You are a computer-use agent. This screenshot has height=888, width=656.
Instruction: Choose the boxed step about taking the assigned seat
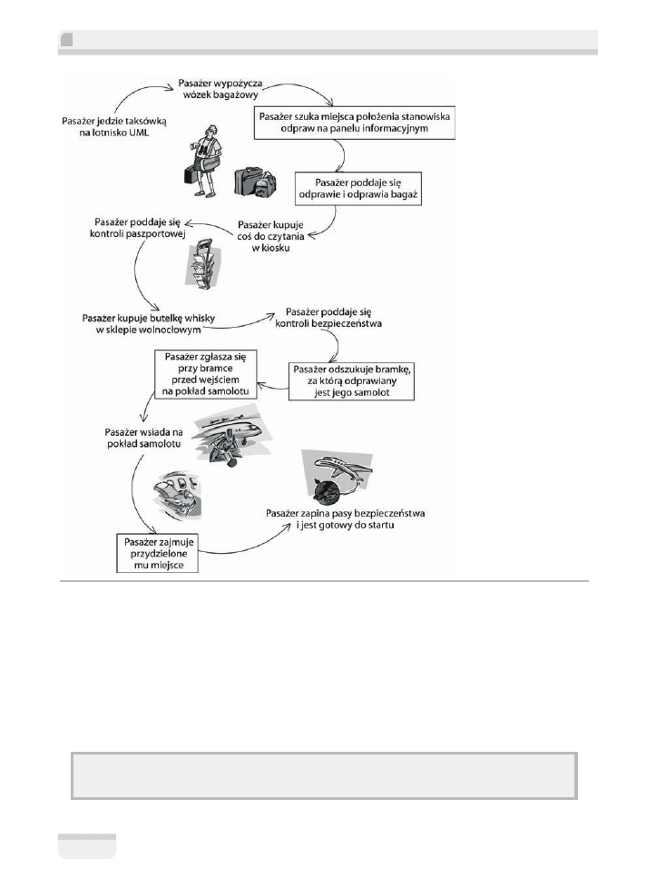pos(158,553)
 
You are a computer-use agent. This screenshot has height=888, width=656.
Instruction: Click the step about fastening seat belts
pos(358,520)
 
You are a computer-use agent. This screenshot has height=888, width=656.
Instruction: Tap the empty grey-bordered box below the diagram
pos(323,775)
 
